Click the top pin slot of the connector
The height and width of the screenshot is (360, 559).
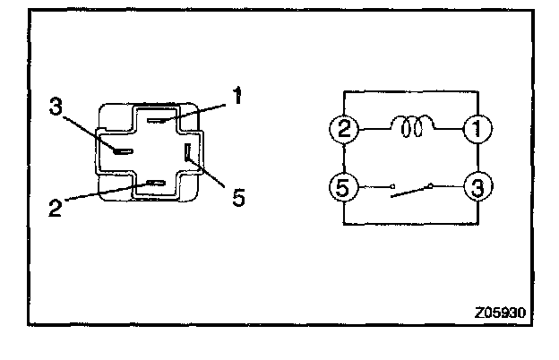(x=156, y=120)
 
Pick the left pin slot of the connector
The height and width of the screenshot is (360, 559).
(x=123, y=150)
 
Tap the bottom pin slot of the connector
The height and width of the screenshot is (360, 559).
(x=157, y=184)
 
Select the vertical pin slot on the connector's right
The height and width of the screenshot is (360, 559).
(x=187, y=153)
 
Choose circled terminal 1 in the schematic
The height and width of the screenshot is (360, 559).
(x=476, y=130)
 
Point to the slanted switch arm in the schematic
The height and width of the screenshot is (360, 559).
(x=412, y=191)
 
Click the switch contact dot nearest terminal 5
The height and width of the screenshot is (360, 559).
(x=392, y=188)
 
